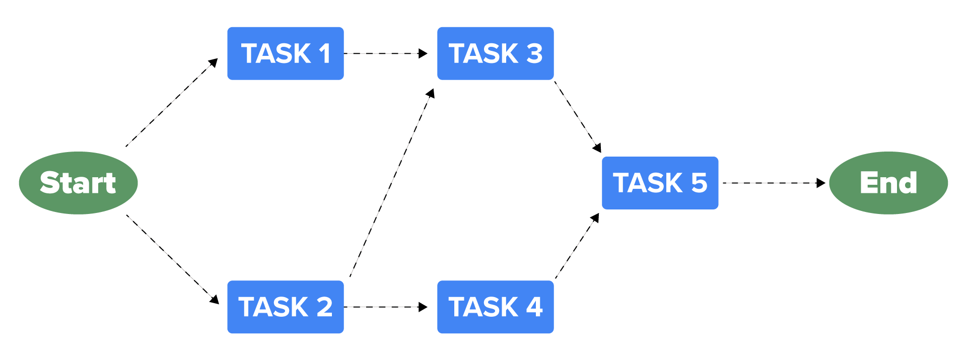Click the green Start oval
[78, 183]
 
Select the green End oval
[888, 183]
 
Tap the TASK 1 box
[286, 53]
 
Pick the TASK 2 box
[286, 307]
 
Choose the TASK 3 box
[495, 53]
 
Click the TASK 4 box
[495, 307]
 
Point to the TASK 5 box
[660, 183]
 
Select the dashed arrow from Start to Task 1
[171, 103]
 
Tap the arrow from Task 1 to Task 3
[385, 53]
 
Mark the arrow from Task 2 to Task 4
[385, 307]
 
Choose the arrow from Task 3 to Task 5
[577, 116]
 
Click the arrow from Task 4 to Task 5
[577, 246]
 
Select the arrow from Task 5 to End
[773, 183]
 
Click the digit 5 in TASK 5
[699, 183]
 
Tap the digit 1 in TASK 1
[324, 53]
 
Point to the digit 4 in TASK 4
[534, 307]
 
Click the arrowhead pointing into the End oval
[820, 183]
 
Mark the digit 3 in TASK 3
[534, 53]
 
